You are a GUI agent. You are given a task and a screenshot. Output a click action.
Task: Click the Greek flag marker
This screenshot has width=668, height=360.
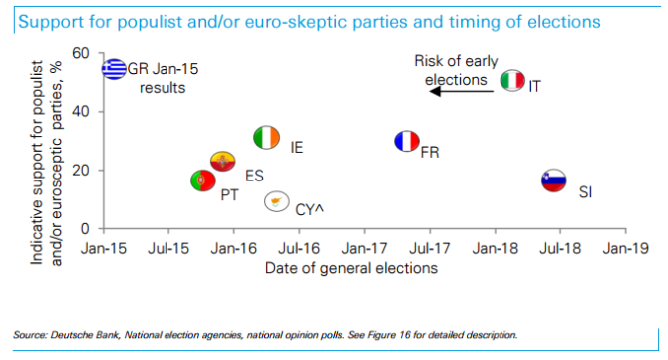point(115,69)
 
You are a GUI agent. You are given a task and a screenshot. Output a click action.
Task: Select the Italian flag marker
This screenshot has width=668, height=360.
point(512,81)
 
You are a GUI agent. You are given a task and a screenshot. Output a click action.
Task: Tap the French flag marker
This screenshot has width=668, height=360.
point(405,142)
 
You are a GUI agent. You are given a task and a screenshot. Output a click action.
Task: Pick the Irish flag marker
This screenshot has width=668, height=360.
point(266,138)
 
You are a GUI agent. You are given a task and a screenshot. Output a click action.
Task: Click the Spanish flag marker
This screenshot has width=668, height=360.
point(223,161)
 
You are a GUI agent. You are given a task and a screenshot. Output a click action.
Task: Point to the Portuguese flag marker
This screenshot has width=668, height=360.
point(202,180)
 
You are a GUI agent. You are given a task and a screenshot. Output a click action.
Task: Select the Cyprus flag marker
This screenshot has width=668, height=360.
point(276,202)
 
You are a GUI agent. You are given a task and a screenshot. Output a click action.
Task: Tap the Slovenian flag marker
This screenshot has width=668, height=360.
point(553,180)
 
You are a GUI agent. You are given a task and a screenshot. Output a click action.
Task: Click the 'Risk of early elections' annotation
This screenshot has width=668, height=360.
point(451,70)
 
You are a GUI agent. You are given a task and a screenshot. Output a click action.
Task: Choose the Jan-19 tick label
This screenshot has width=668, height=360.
point(620,246)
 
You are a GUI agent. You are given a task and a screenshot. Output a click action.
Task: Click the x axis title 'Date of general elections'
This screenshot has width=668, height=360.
point(350,267)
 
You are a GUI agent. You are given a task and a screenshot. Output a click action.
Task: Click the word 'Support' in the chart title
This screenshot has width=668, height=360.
point(46,16)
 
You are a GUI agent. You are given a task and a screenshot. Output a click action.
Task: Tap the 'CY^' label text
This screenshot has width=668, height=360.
point(310,209)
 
